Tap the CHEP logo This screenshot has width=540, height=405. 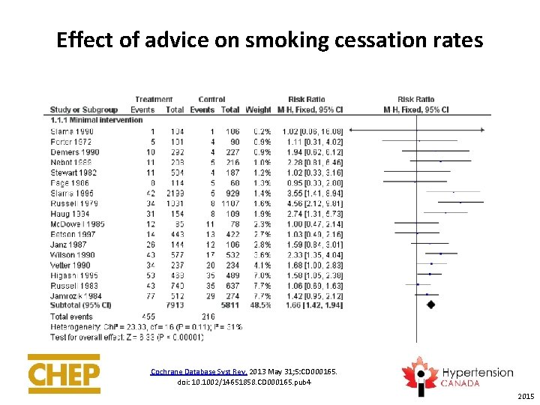(x=64, y=373)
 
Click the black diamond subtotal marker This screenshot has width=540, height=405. (x=430, y=305)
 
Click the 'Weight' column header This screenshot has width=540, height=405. (x=258, y=110)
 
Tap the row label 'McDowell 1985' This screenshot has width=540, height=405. (x=78, y=223)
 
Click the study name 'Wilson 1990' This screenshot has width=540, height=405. (x=73, y=254)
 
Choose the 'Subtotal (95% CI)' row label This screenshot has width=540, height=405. (x=80, y=305)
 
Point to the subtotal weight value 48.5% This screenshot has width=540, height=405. (x=259, y=305)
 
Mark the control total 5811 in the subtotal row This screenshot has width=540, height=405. (x=229, y=305)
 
